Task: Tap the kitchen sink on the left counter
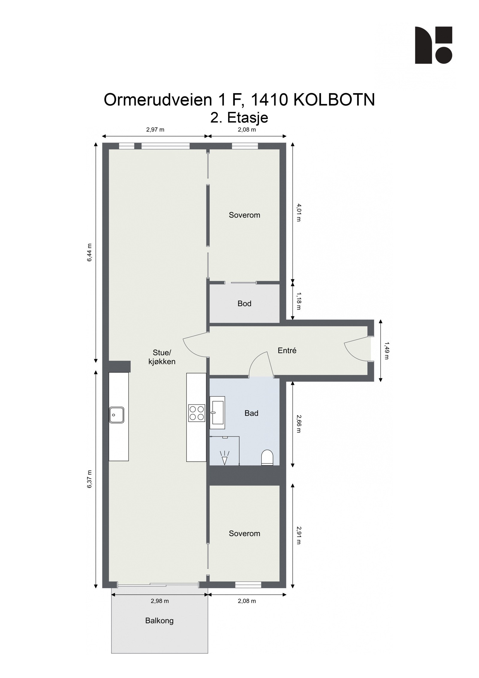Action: coord(116,415)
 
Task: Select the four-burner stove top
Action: coord(196,413)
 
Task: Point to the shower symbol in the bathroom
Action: coord(224,457)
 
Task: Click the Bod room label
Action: coord(244,303)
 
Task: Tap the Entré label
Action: coord(287,351)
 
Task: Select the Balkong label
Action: coord(159,620)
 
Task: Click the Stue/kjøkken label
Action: coord(162,357)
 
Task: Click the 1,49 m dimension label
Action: coord(386,351)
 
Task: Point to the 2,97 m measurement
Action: coord(155,130)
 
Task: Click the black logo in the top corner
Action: coord(433,45)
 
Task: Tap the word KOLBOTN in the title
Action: coord(334,100)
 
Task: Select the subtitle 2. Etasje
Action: coord(239,117)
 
